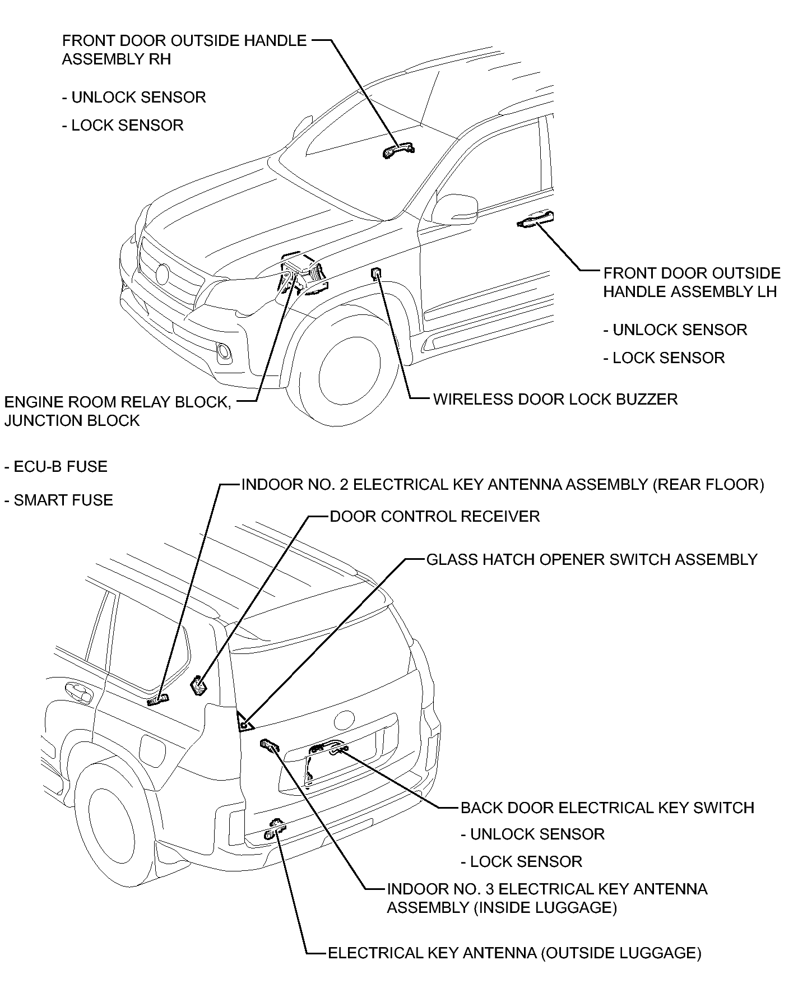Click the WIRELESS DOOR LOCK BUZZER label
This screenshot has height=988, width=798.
pyautogui.click(x=555, y=400)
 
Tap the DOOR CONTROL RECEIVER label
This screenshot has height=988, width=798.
pyautogui.click(x=434, y=516)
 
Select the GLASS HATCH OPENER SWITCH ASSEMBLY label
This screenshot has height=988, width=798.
pyautogui.click(x=592, y=559)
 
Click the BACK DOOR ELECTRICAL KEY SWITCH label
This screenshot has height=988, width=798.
pyautogui.click(x=607, y=808)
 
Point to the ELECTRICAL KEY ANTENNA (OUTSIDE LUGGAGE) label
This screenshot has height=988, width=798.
pyautogui.click(x=514, y=953)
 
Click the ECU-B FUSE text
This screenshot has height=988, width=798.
pyautogui.click(x=56, y=467)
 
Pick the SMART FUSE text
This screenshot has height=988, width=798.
pyautogui.click(x=58, y=500)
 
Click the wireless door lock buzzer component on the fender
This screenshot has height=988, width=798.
pyautogui.click(x=377, y=273)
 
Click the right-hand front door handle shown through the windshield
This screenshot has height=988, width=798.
pyautogui.click(x=398, y=150)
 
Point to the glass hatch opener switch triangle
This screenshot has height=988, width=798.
pyautogui.click(x=244, y=723)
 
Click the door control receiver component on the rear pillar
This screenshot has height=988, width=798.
pyautogui.click(x=199, y=685)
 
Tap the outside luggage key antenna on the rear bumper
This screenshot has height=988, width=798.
pyautogui.click(x=275, y=830)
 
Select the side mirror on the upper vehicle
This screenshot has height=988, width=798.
pyautogui.click(x=455, y=208)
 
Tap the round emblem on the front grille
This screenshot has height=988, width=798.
pyautogui.click(x=163, y=273)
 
